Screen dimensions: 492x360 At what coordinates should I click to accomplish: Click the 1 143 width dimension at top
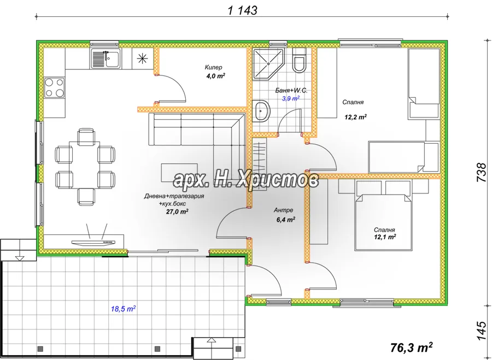[243, 10]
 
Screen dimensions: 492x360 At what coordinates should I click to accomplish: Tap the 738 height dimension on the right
[481, 172]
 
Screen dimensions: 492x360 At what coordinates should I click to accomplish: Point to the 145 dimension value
[481, 331]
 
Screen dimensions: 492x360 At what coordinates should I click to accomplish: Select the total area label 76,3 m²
[411, 347]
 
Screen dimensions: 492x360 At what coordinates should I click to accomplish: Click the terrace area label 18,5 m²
[123, 309]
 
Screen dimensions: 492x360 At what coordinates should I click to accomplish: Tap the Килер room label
[213, 67]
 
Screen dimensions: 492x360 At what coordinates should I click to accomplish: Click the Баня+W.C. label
[291, 91]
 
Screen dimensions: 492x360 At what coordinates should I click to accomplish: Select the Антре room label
[283, 210]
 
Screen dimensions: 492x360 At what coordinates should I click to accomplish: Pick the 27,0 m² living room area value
[177, 211]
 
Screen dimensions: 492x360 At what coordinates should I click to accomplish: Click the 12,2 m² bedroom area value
[356, 117]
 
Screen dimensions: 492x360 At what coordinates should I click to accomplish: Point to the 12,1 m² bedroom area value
[384, 237]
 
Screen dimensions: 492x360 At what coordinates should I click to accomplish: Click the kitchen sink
[105, 59]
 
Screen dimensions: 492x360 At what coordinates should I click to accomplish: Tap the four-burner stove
[54, 87]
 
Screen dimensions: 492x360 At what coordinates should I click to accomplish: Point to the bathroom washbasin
[262, 111]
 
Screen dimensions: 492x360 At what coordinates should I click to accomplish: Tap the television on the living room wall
[93, 242]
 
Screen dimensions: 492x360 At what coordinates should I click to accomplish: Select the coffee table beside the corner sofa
[179, 173]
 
